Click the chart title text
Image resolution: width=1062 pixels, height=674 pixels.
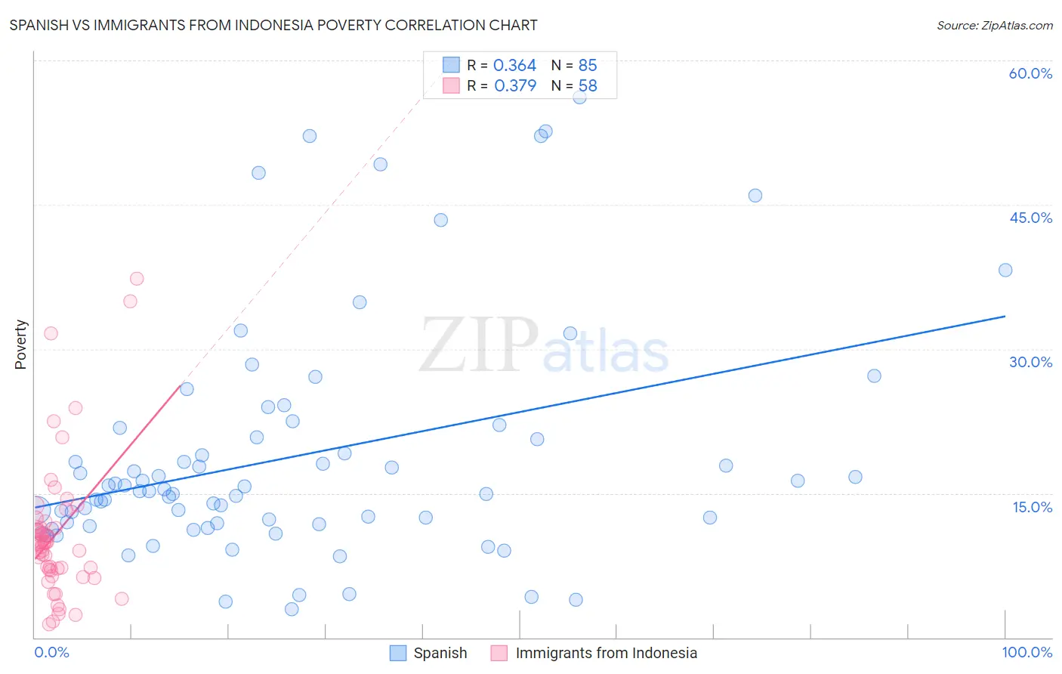tap(273, 26)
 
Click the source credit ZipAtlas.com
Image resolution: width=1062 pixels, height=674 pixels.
tap(994, 26)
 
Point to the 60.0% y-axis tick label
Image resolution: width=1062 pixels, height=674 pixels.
tap(1030, 73)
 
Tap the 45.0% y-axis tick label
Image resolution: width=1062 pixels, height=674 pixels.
tap(1030, 218)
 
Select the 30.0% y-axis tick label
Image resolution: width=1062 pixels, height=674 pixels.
tap(1030, 362)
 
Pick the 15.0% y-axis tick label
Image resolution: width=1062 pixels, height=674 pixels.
tap(1032, 507)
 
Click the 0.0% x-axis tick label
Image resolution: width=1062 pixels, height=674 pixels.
tap(51, 652)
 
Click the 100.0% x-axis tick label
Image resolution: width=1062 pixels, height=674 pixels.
tap(1026, 652)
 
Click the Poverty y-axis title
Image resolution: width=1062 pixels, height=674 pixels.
tap(20, 345)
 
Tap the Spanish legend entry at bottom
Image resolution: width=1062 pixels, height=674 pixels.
tap(440, 653)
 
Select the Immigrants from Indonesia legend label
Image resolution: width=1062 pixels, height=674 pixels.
tap(606, 653)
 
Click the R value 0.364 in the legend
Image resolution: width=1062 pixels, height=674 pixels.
tap(514, 66)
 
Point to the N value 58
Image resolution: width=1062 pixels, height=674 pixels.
tap(588, 86)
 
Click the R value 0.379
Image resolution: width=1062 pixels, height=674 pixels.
tap(514, 86)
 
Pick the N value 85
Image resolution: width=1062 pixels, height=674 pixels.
tap(588, 66)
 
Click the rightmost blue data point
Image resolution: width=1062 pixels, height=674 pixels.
tap(1005, 271)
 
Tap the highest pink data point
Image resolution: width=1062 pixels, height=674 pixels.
tap(137, 279)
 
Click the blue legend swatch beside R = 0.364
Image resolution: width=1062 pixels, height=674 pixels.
tap(451, 65)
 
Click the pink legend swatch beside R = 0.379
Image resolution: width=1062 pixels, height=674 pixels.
tap(451, 85)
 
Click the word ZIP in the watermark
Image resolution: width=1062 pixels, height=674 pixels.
tap(479, 345)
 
